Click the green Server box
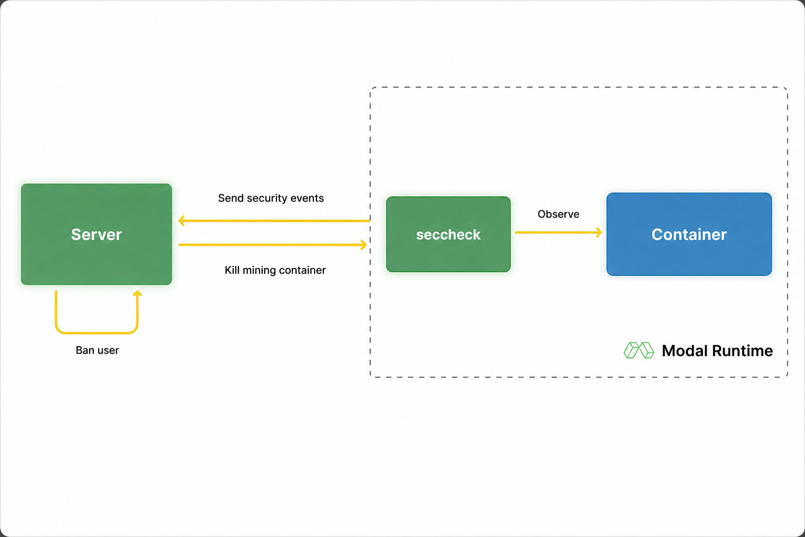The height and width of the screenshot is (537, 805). [x=96, y=234]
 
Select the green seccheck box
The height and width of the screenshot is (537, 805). [x=448, y=234]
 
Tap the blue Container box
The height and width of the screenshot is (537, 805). [x=689, y=234]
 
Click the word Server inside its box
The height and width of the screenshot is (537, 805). [x=96, y=234]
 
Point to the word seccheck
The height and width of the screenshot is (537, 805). [x=448, y=234]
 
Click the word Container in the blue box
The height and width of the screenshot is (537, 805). [x=689, y=234]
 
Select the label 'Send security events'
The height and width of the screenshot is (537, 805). [x=271, y=198]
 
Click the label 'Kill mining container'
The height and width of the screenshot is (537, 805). [x=275, y=270]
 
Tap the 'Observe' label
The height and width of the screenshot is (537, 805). [x=558, y=214]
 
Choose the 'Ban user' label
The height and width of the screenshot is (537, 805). [x=97, y=350]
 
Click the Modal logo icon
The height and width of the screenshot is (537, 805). [x=639, y=350]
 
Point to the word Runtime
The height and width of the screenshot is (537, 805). [x=743, y=351]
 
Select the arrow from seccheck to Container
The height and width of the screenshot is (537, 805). [x=559, y=232]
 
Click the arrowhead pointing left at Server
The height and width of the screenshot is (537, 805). [x=182, y=220]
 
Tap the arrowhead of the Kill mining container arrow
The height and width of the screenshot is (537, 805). [x=364, y=245]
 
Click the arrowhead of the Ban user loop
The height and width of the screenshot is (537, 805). [x=137, y=294]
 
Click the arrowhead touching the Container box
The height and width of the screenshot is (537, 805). [x=599, y=232]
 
